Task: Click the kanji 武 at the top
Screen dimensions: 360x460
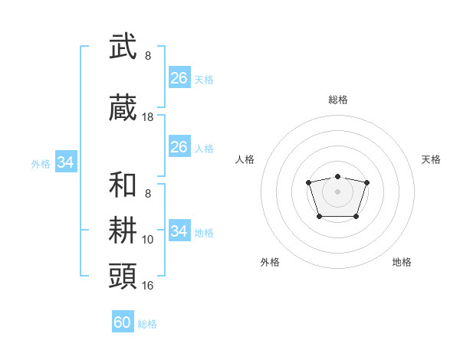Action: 123,47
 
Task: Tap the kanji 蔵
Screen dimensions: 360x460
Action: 123,109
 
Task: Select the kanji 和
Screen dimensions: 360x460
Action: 123,185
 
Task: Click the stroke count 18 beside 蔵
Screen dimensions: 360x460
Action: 148,117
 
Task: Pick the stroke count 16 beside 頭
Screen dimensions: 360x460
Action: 148,285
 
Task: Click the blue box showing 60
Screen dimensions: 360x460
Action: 123,322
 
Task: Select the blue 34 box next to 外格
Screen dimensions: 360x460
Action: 66,162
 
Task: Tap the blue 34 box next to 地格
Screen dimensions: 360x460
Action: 179,231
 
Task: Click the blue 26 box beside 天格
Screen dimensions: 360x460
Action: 179,78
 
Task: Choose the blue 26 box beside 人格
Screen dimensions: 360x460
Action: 179,147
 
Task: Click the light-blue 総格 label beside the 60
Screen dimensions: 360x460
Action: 147,324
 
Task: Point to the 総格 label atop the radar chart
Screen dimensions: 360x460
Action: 337,100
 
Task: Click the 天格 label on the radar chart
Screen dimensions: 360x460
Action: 431,159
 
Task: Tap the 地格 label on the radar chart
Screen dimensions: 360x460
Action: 402,262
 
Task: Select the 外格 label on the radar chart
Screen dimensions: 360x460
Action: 270,262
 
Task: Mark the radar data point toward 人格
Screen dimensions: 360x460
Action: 308,182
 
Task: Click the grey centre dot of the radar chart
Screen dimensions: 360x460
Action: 337,191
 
